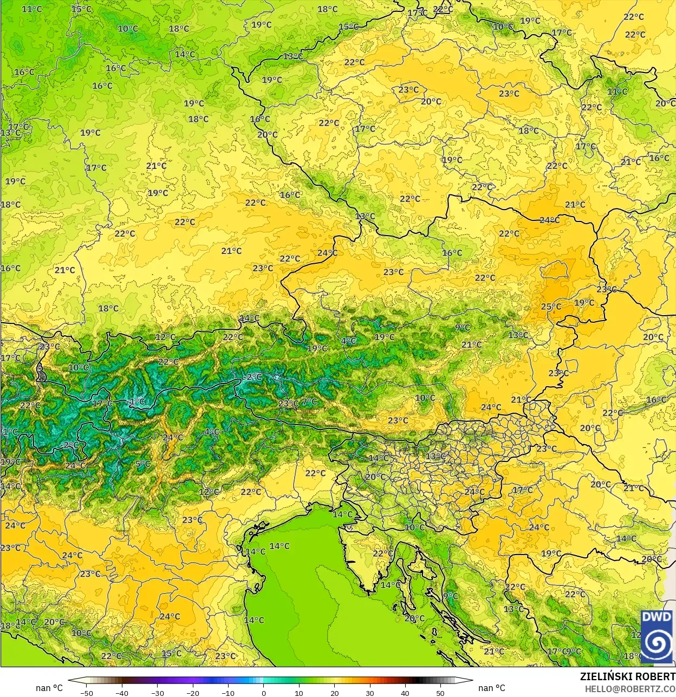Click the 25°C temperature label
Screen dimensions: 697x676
coord(551,307)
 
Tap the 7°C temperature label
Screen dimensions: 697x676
coord(309,402)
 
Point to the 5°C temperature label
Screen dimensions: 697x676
coord(143,464)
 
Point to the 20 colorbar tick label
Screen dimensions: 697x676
coord(334,693)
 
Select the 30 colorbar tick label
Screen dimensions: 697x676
coord(369,693)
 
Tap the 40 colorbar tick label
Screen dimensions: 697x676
coord(405,693)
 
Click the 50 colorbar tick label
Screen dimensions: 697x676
coord(440,693)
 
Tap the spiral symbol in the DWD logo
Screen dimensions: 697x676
coord(656,643)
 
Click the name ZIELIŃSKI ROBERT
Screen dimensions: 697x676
coord(628,677)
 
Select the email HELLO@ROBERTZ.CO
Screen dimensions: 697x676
coord(630,689)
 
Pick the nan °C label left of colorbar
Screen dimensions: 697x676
coord(49,688)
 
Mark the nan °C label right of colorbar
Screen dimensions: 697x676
coord(492,688)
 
